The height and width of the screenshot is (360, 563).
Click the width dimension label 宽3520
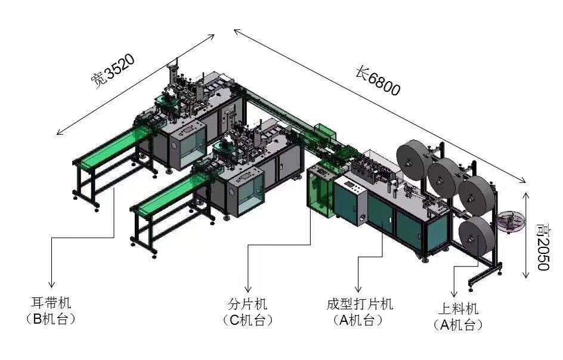pyautogui.click(x=113, y=72)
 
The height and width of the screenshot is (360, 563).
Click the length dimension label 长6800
pyautogui.click(x=378, y=81)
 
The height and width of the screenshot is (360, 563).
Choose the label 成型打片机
pyautogui.click(x=360, y=304)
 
